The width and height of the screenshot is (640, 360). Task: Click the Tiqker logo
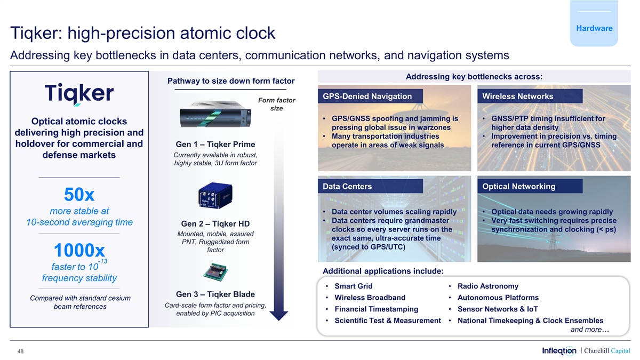pyautogui.click(x=79, y=94)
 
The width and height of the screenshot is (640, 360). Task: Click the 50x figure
pyautogui.click(x=79, y=194)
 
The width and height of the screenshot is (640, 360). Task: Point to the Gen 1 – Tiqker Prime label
pyautogui.click(x=215, y=145)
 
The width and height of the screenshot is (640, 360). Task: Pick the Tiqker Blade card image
pyautogui.click(x=215, y=272)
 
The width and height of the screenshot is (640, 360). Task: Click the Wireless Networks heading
pyautogui.click(x=517, y=97)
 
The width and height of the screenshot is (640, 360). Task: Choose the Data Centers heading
pyautogui.click(x=347, y=186)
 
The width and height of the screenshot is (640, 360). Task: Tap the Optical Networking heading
pyautogui.click(x=518, y=186)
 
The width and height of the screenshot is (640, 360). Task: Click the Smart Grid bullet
pyautogui.click(x=354, y=286)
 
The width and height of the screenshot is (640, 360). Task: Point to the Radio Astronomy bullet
pyautogui.click(x=487, y=286)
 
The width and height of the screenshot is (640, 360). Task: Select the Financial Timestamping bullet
pyautogui.click(x=376, y=309)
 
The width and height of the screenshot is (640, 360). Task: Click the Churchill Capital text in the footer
pyautogui.click(x=607, y=350)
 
